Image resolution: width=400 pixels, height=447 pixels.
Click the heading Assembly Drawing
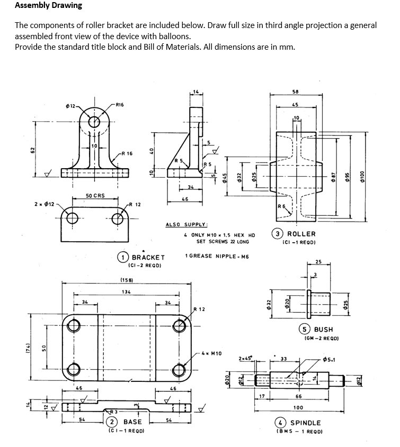pyautogui.click(x=48, y=6)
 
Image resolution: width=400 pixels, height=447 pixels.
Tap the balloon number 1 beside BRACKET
pyautogui.click(x=123, y=258)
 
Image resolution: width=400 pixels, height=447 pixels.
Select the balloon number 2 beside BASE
pyautogui.click(x=112, y=422)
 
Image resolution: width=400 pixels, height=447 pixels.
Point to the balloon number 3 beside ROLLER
pyautogui.click(x=278, y=234)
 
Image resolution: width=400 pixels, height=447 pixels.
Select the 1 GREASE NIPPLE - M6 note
pyautogui.click(x=217, y=256)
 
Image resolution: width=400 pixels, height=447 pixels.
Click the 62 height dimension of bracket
pyautogui.click(x=32, y=150)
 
